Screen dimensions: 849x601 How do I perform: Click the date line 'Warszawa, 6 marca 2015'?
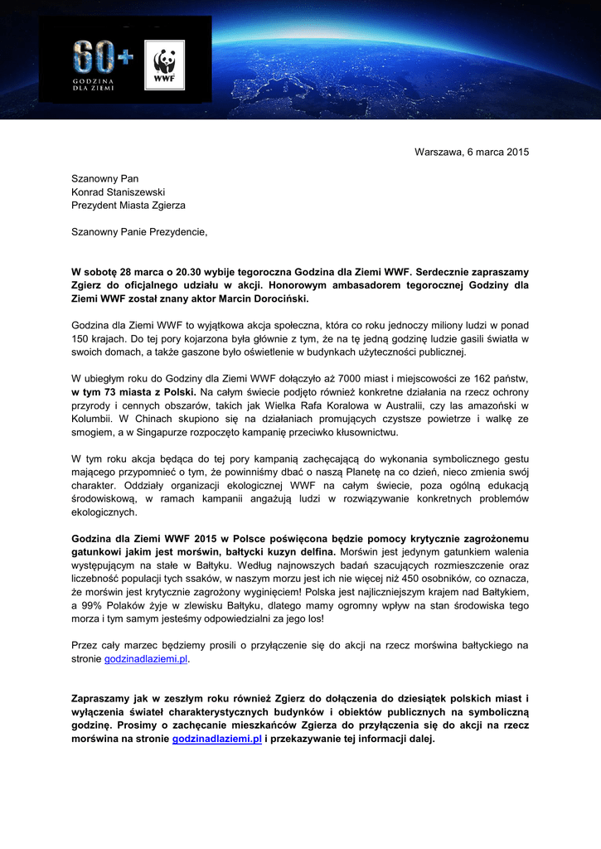click(x=471, y=152)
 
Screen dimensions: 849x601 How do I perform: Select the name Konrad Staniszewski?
click(x=118, y=192)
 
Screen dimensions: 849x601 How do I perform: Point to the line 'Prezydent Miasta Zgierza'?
click(x=128, y=205)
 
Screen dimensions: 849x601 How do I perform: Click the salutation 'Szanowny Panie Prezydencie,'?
click(x=139, y=232)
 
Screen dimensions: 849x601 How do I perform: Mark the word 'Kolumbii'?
click(x=91, y=419)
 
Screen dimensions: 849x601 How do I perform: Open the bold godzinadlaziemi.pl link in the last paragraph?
click(x=217, y=738)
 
